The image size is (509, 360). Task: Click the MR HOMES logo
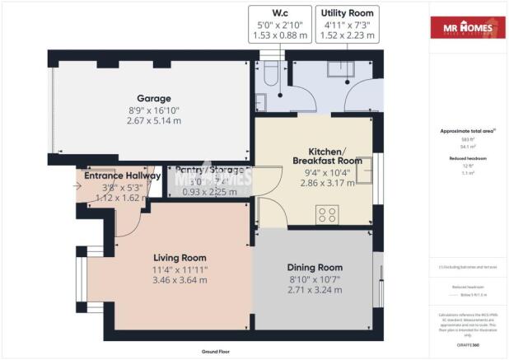tap(467, 30)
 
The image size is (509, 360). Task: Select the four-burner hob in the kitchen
tap(326, 214)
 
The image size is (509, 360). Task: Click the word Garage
tap(154, 97)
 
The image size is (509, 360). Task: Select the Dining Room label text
tap(314, 268)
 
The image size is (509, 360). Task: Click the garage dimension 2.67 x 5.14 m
tap(154, 120)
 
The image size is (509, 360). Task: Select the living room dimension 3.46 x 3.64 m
tap(179, 279)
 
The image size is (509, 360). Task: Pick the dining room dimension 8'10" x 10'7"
tap(314, 279)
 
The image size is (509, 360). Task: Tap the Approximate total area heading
tap(466, 132)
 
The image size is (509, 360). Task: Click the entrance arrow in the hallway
tap(78, 187)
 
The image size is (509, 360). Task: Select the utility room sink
tap(341, 68)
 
